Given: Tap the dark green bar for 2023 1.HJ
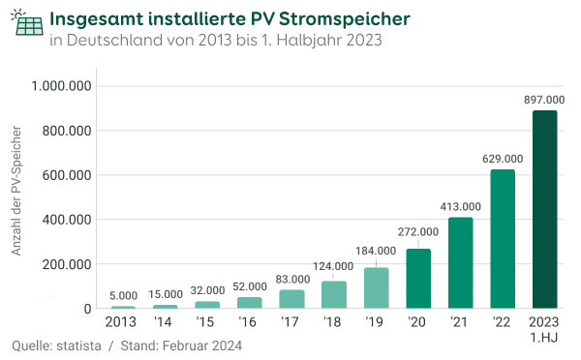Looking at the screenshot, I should pyautogui.click(x=545, y=209).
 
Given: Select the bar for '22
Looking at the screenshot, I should pyautogui.click(x=503, y=239).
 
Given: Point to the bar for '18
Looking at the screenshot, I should pyautogui.click(x=333, y=295).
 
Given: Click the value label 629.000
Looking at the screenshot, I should pyautogui.click(x=503, y=158).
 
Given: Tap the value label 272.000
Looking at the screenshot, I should pyautogui.click(x=418, y=232).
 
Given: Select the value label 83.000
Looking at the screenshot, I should pyautogui.click(x=292, y=279).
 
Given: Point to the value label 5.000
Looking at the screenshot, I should pyautogui.click(x=123, y=296).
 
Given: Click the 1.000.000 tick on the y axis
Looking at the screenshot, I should pyautogui.click(x=62, y=86).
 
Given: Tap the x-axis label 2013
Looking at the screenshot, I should pyautogui.click(x=122, y=322).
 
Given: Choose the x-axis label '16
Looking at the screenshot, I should pyautogui.click(x=250, y=322).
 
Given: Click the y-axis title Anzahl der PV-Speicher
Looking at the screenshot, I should pyautogui.click(x=15, y=197).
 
